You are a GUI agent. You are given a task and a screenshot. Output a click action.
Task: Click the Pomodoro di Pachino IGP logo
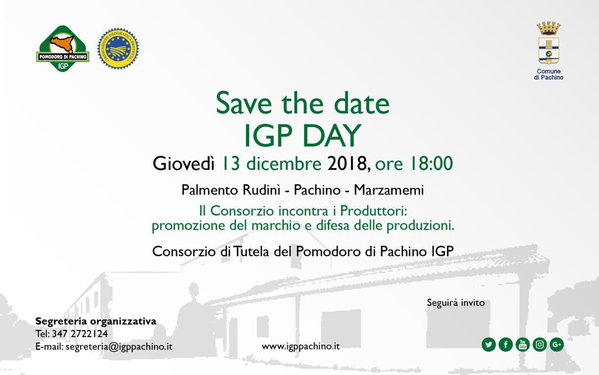pos(63,49)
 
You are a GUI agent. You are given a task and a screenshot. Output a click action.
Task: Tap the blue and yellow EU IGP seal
pos(118,49)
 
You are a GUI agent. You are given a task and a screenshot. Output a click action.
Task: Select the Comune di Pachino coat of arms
pos(549,43)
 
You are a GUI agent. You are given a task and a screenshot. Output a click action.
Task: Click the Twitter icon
pos(488,345)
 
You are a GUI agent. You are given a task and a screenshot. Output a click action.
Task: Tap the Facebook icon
pos(505,345)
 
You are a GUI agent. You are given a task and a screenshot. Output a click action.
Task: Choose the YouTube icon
pos(522,345)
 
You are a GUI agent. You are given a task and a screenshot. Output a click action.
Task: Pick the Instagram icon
pos(540,345)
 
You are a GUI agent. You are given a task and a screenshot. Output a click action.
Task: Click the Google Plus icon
pos(557,345)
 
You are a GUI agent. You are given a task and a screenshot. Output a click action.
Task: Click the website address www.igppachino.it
pos(301,347)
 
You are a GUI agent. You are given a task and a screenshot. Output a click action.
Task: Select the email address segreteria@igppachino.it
pos(119,347)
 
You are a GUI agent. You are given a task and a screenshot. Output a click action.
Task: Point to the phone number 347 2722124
pos(80,333)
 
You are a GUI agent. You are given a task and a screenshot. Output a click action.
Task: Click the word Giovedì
pos(183,163)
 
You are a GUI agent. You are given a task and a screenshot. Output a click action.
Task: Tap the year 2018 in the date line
pos(347,164)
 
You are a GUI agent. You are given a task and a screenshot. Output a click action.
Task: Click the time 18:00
pos(431,163)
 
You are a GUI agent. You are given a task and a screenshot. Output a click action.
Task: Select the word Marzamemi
pos(389,190)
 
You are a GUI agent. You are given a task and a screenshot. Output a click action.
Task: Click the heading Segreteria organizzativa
pos(96,321)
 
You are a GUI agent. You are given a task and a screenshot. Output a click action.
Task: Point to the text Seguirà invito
pos(456,303)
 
